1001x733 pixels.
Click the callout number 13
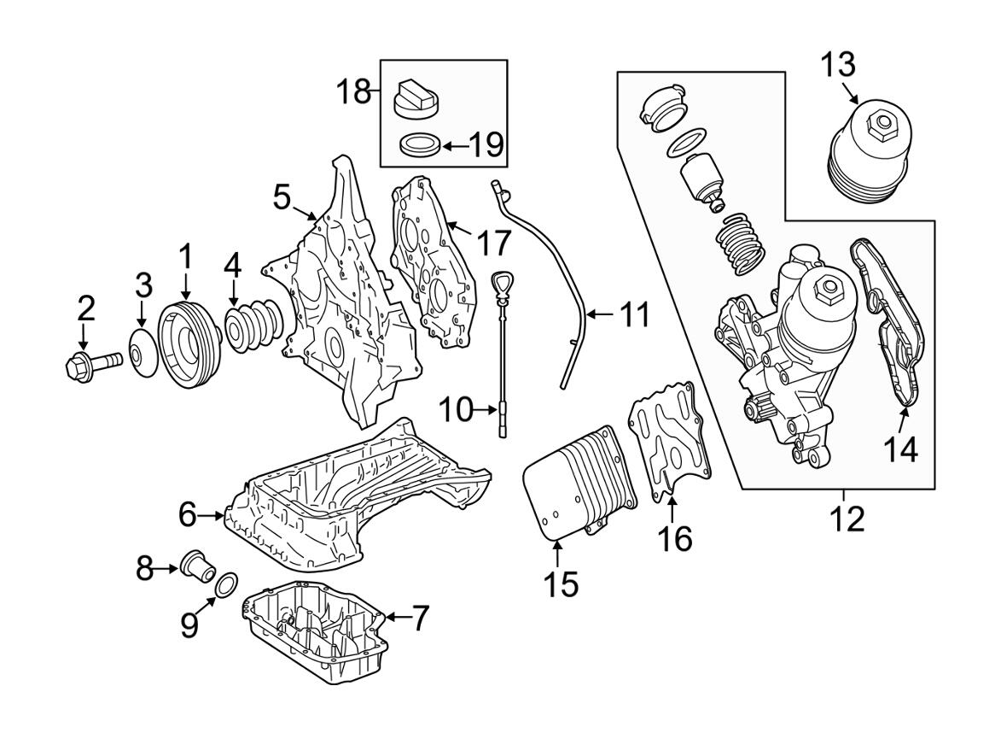click(x=839, y=64)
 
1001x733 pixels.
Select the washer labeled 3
click(x=142, y=355)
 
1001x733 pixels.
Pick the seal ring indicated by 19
click(x=420, y=144)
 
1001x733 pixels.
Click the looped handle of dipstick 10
click(x=499, y=282)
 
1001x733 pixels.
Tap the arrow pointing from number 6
click(x=214, y=515)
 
